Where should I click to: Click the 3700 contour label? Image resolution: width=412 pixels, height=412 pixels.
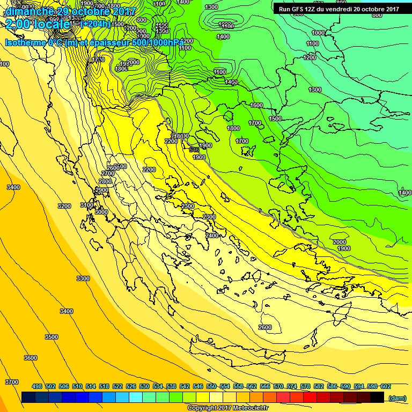tap(12, 381)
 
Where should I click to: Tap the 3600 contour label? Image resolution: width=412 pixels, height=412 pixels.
tap(31, 358)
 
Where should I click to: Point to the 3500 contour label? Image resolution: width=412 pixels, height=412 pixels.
tap(51, 337)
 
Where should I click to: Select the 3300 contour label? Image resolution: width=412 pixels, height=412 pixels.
tap(83, 278)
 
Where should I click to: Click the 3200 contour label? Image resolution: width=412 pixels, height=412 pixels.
tap(64, 206)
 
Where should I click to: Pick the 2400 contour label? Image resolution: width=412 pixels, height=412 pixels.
tap(212, 236)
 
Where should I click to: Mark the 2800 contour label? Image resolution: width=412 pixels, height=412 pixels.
tap(105, 181)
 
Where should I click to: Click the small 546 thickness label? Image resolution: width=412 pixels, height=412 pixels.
tap(194, 150)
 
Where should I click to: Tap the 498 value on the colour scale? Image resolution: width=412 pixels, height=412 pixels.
tap(37, 386)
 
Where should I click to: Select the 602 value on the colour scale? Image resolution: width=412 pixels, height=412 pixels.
tap(385, 386)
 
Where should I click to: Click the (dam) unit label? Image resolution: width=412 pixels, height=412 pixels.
tap(397, 398)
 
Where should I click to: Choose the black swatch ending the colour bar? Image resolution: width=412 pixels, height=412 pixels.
tap(377, 397)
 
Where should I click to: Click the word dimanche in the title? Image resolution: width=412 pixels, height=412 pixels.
tap(30, 11)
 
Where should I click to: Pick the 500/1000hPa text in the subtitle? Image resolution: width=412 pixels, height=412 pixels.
tap(161, 42)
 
